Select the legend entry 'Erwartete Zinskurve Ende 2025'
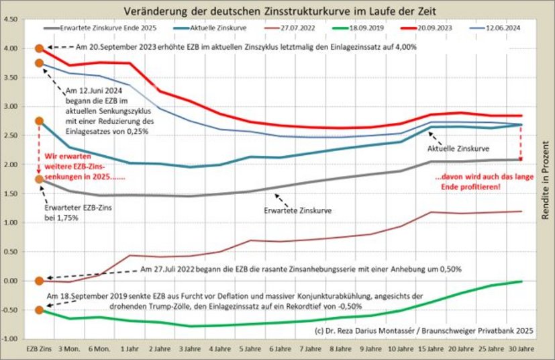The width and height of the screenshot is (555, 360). [107, 29]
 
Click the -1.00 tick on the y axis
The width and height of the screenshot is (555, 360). [10, 339]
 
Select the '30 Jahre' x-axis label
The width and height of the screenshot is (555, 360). [521, 351]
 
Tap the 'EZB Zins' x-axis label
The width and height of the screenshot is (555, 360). [38, 351]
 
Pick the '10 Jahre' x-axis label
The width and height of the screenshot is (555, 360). [401, 351]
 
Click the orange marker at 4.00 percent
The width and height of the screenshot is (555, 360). [39, 48]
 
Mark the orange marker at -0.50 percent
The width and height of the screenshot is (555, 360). [39, 310]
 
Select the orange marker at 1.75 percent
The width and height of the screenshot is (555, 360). [39, 179]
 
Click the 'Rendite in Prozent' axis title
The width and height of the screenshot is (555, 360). [545, 179]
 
